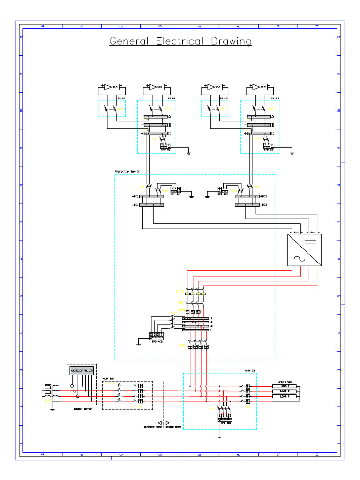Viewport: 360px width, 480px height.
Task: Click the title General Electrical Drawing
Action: point(180,41)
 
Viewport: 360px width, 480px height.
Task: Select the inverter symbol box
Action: point(304,250)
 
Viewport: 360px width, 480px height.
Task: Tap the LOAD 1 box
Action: point(285,386)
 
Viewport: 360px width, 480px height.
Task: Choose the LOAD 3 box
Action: point(285,397)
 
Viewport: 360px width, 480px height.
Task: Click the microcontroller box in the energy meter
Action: point(82,370)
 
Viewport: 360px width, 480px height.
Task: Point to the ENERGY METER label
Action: point(82,409)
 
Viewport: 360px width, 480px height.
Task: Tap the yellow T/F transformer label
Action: point(47,402)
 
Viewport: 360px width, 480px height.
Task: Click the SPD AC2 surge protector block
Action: point(156,335)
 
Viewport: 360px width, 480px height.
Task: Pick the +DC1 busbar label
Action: point(136,197)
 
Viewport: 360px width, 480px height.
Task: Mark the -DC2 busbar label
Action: point(264,204)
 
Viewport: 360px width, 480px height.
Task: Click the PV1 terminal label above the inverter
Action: point(296,232)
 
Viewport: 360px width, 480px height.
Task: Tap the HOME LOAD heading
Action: point(285,381)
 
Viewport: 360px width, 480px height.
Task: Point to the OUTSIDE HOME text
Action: point(152,427)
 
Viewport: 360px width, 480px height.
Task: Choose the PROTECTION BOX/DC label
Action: point(127,172)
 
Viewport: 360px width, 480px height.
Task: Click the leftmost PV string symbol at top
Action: point(111,87)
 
